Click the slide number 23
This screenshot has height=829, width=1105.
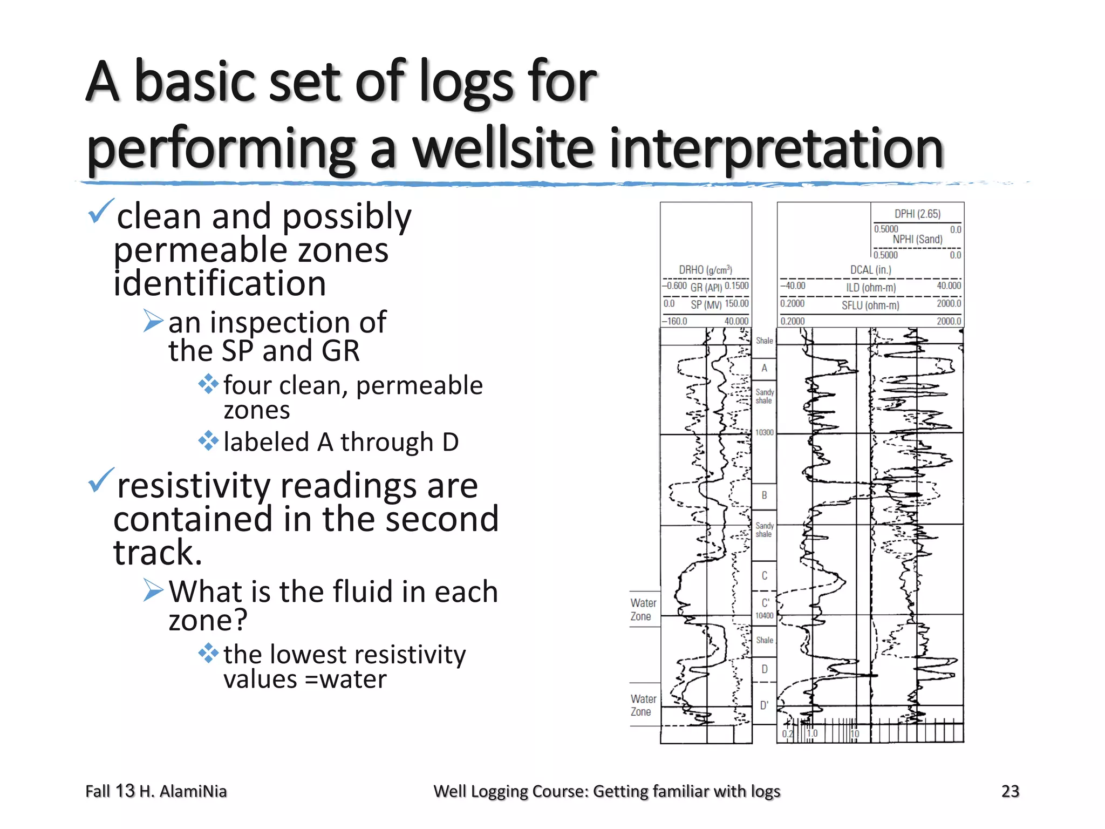coord(1009,791)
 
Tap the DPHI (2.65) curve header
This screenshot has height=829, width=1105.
coord(917,214)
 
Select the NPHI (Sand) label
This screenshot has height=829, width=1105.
coord(917,239)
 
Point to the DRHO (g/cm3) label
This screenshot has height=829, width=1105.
coord(705,269)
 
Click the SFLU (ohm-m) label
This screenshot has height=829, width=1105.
coord(870,305)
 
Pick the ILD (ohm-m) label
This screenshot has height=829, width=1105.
coord(871,288)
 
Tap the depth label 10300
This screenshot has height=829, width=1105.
coord(764,432)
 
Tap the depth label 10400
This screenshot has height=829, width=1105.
coord(764,615)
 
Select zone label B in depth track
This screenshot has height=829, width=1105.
coord(764,495)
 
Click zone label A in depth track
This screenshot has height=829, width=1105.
coord(764,368)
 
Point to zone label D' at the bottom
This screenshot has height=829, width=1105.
coord(764,705)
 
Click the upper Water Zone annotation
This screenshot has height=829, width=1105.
coord(643,609)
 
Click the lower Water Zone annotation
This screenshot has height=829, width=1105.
coord(643,705)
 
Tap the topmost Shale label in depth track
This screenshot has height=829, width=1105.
coord(764,341)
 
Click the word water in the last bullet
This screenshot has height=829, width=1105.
coord(353,679)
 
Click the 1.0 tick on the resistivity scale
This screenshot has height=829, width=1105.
coord(812,733)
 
